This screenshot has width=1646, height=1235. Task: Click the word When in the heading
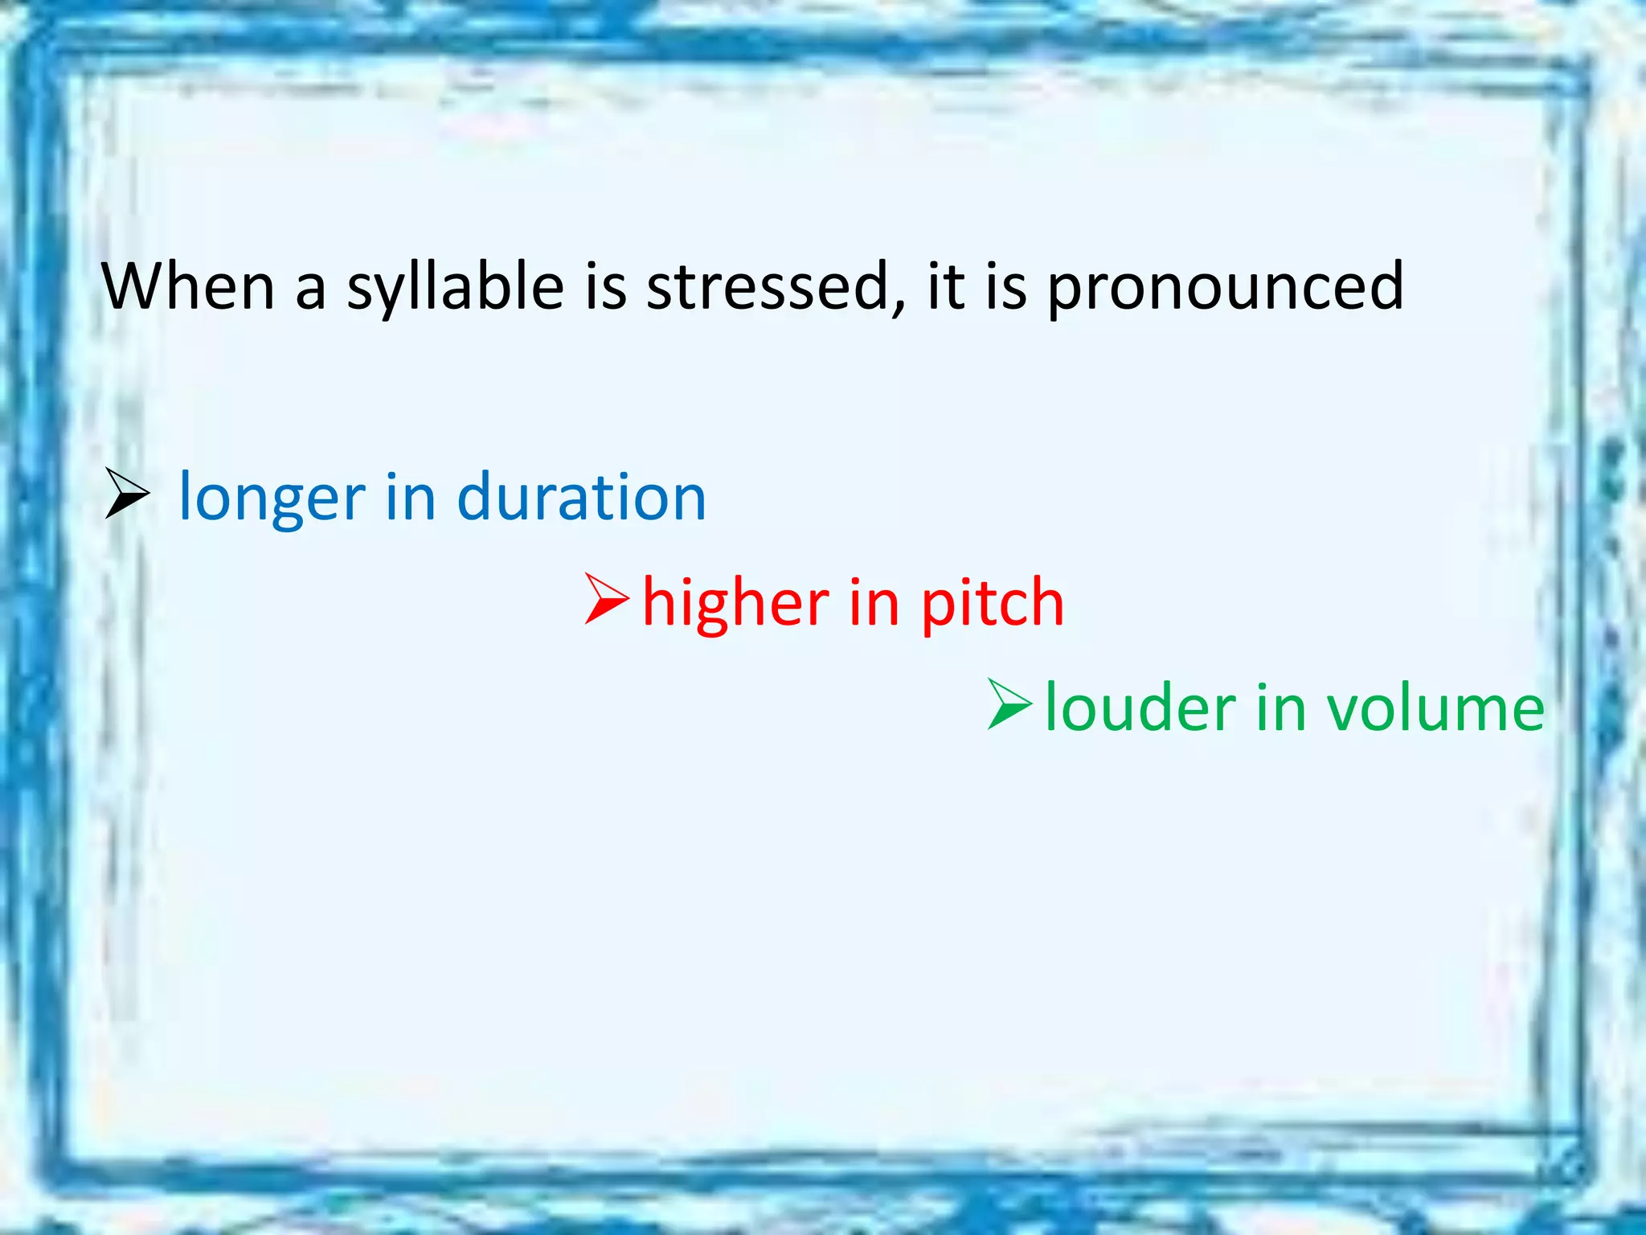coord(188,286)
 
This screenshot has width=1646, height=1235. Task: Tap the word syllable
coord(455,288)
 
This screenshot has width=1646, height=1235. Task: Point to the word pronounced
coord(1225,288)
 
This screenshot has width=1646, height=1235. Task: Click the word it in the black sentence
coord(946,286)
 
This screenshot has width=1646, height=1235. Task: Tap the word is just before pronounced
coord(1006,286)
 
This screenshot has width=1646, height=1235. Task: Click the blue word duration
coord(581,497)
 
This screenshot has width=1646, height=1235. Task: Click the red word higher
coord(735,602)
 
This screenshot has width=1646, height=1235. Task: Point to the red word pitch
coord(992,604)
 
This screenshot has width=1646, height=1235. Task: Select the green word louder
coord(1140,708)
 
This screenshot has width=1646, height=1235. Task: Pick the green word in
coord(1280,708)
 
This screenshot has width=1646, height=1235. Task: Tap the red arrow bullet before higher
coord(607,599)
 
